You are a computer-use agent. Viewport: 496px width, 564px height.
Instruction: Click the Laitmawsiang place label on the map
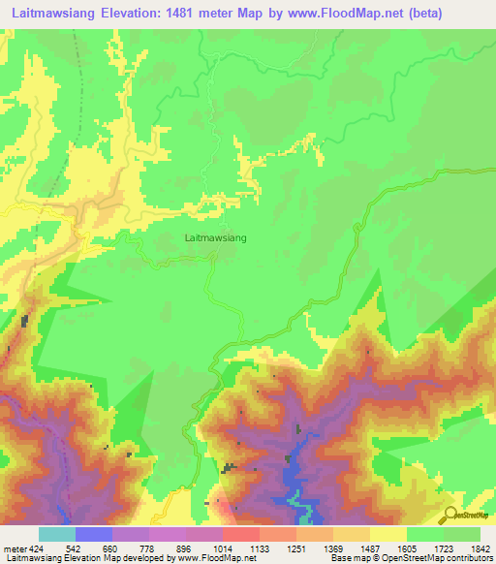[x=215, y=235]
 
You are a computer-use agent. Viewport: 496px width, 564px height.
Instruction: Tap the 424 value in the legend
[x=35, y=547]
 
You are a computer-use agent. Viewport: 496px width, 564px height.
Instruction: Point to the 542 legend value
[x=73, y=547]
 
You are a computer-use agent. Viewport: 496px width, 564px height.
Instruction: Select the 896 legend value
[x=184, y=547]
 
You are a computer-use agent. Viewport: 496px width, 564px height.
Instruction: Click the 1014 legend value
[x=222, y=547]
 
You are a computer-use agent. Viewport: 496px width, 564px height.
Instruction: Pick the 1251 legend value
[x=296, y=547]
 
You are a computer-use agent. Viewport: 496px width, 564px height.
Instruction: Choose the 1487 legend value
[x=370, y=547]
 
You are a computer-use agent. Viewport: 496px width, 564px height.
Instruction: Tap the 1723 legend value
[x=445, y=547]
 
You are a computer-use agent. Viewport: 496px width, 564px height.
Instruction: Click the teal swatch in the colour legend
[x=57, y=534]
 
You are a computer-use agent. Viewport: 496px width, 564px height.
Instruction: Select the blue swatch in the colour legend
[x=94, y=534]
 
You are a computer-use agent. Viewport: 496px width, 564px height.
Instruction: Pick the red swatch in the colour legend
[x=242, y=534]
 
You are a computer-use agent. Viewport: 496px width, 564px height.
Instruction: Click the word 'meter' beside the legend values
[x=14, y=547]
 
